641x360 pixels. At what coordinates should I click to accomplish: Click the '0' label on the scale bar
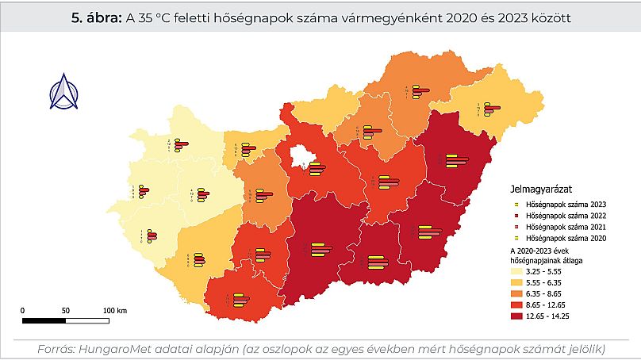(x=23, y=310)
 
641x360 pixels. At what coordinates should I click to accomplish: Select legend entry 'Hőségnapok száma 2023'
(x=563, y=204)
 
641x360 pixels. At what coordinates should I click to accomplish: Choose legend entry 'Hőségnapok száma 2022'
(x=563, y=215)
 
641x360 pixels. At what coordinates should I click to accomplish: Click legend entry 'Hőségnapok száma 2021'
(x=563, y=226)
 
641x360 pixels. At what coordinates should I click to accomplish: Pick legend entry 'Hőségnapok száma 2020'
(x=563, y=237)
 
